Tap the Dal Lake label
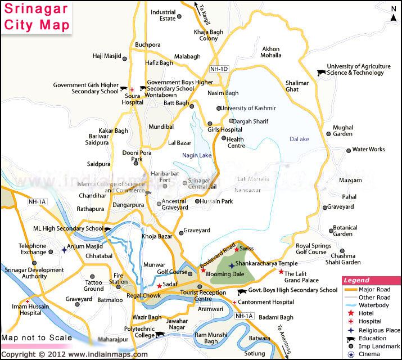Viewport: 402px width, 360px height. (300, 139)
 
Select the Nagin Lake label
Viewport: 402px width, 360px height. (196, 155)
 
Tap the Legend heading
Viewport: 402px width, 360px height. (356, 280)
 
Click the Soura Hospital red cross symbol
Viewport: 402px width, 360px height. (132, 89)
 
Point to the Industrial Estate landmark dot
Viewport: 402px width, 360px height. (179, 16)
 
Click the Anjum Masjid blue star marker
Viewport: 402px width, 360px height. (64, 250)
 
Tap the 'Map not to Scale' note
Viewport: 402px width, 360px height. (37, 338)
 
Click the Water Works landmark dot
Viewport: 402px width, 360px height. (348, 150)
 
